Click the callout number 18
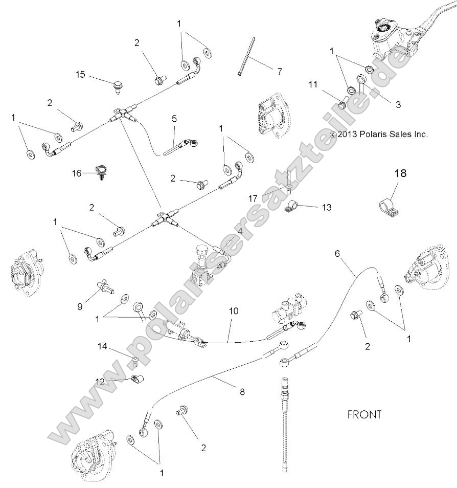(400, 173)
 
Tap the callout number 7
(279, 72)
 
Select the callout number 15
(81, 75)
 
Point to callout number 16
(77, 173)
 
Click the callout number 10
(234, 311)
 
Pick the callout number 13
(327, 207)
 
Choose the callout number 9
(80, 306)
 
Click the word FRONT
(364, 414)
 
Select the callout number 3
(398, 104)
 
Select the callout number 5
(174, 118)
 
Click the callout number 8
(242, 392)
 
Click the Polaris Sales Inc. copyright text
(379, 135)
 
